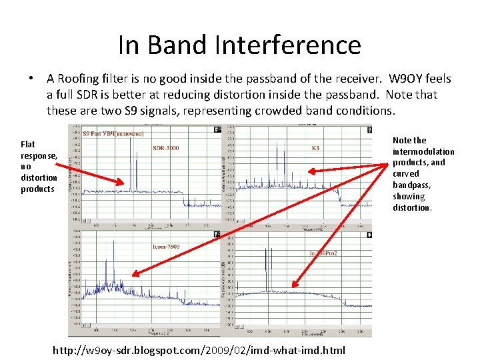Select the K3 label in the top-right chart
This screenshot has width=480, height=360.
point(315,148)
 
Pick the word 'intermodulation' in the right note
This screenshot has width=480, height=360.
point(423,151)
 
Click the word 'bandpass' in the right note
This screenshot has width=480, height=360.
point(409,185)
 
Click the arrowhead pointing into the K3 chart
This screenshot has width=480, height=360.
point(311,171)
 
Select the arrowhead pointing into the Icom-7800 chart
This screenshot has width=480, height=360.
point(133,274)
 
